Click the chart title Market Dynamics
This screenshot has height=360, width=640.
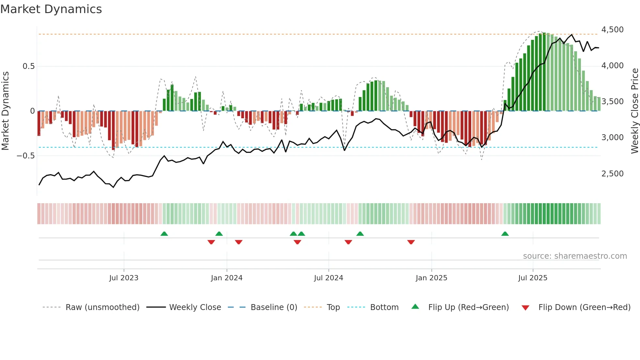(51, 9)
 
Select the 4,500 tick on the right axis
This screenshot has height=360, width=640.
(612, 30)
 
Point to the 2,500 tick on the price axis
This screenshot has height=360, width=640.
(612, 174)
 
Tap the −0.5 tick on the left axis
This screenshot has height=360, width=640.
(25, 156)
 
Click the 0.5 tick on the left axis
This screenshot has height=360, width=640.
(28, 66)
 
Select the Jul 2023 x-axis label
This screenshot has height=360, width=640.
(124, 278)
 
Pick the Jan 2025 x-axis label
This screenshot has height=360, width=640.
(431, 278)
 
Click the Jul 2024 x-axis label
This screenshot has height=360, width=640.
(328, 278)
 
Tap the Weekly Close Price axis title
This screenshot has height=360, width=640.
(634, 111)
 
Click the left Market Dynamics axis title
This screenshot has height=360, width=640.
(5, 111)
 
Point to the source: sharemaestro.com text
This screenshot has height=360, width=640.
(575, 256)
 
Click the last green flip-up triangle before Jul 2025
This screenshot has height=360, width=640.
(505, 234)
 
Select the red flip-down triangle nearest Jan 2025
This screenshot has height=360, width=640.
(411, 242)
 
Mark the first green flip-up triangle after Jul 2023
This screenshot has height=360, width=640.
(164, 234)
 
